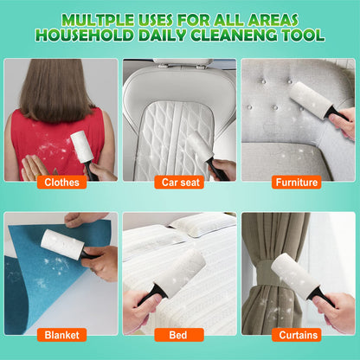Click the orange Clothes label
point(61,182)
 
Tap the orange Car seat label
point(180,182)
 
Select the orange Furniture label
point(296,182)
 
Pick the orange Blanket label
point(61,334)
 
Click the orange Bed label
point(180,334)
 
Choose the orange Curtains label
point(296,334)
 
